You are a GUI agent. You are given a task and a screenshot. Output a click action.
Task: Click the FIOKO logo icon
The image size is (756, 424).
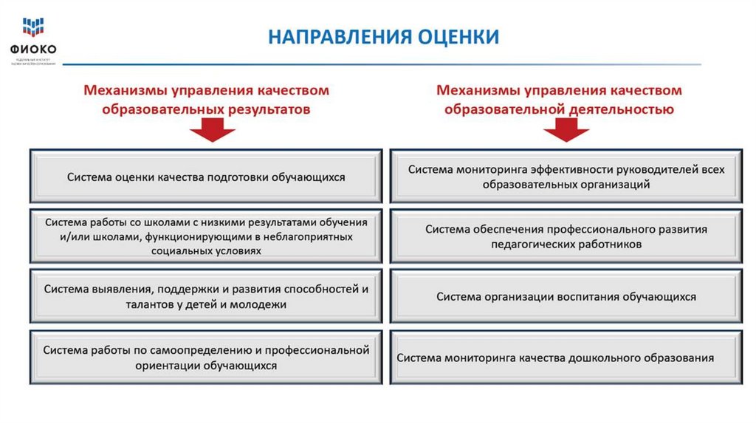pos(32,27)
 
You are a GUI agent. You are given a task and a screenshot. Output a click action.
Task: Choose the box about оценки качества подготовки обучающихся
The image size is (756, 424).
pos(206,177)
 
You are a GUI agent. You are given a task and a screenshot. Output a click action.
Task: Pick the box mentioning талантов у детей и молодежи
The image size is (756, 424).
pos(206,296)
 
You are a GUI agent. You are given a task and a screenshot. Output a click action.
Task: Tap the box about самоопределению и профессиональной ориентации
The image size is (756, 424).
pos(206,358)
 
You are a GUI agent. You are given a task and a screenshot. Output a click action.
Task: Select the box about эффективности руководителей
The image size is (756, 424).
pos(566,177)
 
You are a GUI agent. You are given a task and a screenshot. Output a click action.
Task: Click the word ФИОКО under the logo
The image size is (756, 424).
pos(33,50)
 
